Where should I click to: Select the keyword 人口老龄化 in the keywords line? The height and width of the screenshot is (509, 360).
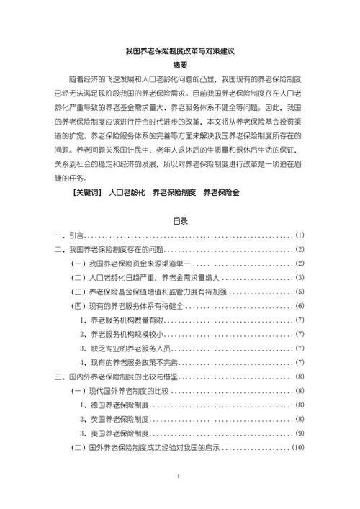coord(128,192)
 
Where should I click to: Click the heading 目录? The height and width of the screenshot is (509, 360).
coord(179,221)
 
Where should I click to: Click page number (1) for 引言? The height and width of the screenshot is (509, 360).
coord(300,235)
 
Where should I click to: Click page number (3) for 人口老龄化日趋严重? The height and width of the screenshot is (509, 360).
coord(300,278)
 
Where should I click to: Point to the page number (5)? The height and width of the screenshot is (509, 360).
coord(300,292)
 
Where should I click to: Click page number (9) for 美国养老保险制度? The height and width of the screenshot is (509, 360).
coord(300,433)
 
